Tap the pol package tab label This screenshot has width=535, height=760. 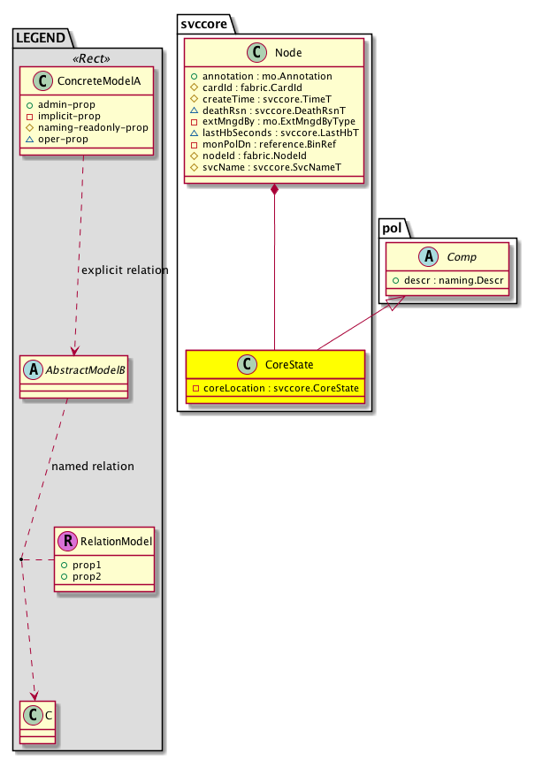(394, 229)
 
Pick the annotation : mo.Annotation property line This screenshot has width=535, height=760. (245, 78)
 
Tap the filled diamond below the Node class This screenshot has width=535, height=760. (275, 190)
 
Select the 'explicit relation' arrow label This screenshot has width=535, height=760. (124, 270)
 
